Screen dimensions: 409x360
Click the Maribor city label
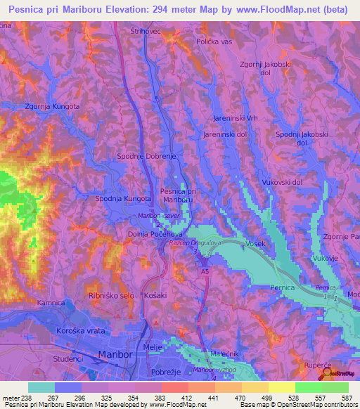pyautogui.click(x=116, y=355)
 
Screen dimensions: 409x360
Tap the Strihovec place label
pyautogui.click(x=146, y=32)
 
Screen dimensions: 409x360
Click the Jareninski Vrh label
pyautogui.click(x=233, y=119)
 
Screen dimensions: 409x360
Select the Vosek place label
pyautogui.click(x=254, y=243)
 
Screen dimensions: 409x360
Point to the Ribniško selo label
pyautogui.click(x=111, y=296)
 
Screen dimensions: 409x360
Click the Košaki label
pyautogui.click(x=154, y=296)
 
